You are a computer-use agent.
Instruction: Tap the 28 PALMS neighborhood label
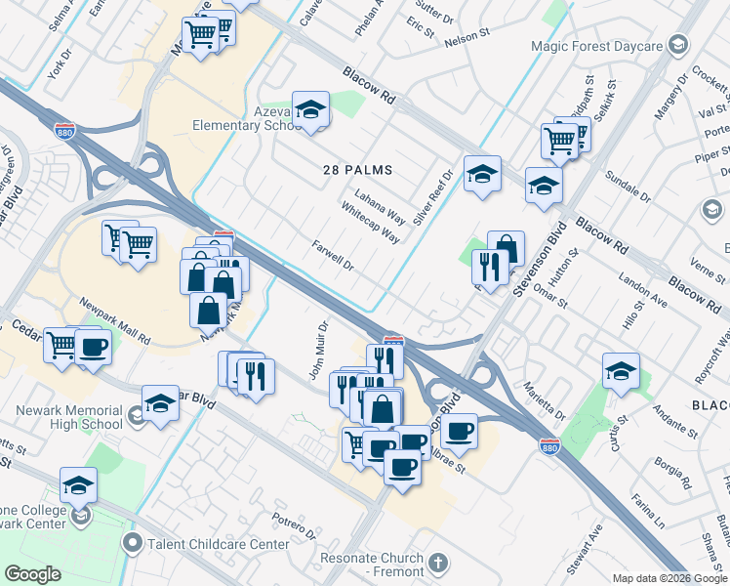pos(357,170)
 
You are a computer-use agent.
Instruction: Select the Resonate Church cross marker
pos(439,563)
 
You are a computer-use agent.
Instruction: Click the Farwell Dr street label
pos(332,257)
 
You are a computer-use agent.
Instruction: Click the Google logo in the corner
pos(32,573)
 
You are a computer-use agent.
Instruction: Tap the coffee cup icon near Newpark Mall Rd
pos(93,346)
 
